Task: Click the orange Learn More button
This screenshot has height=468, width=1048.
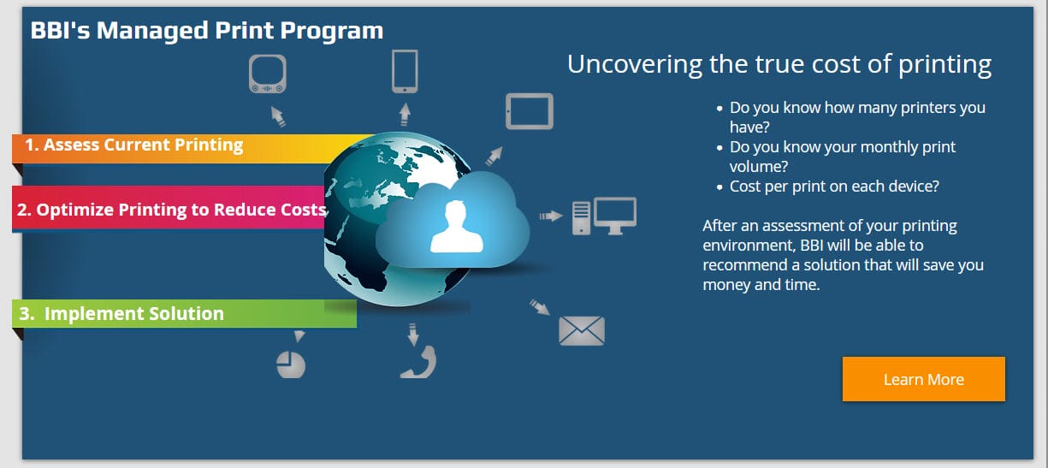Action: click(923, 379)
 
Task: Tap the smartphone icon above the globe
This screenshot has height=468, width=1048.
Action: click(405, 71)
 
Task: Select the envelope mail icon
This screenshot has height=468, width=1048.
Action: click(582, 331)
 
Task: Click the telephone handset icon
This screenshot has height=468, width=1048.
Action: click(419, 362)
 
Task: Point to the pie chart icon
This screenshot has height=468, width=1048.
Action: click(291, 364)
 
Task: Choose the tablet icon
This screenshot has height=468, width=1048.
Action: click(530, 111)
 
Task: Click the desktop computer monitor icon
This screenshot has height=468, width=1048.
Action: click(614, 216)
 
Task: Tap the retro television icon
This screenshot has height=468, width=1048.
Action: click(267, 74)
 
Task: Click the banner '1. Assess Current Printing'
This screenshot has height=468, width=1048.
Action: click(134, 145)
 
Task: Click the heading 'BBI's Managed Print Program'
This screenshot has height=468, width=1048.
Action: click(207, 31)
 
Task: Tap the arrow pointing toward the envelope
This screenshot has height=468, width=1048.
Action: click(539, 306)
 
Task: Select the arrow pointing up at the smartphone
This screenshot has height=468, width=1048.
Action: click(405, 114)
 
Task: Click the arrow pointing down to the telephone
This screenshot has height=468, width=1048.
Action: click(412, 333)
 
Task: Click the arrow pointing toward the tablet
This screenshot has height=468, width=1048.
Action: click(494, 156)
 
